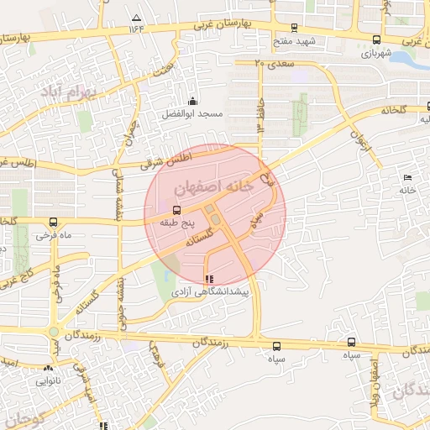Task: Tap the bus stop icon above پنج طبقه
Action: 176,211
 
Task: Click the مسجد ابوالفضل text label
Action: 193,113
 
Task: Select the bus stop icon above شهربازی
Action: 376,39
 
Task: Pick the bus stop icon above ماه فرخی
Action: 54,223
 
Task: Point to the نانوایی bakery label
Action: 47,380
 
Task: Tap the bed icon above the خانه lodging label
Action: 407,178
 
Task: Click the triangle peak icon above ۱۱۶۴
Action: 137,18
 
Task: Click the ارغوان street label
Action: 361,139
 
